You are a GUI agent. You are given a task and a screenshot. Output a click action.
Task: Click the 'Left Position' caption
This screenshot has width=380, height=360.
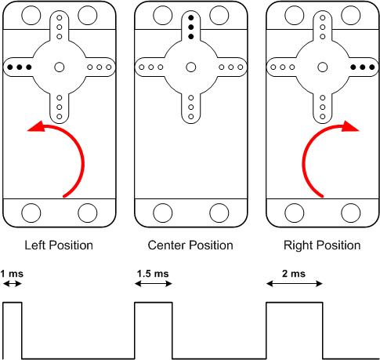[x=59, y=245]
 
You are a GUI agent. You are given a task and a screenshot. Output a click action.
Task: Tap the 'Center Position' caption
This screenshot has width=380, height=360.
[x=190, y=245]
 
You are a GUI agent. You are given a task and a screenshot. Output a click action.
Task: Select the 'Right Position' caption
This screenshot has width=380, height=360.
[x=322, y=245]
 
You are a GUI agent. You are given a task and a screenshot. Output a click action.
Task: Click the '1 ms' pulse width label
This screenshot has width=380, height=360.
[x=12, y=274]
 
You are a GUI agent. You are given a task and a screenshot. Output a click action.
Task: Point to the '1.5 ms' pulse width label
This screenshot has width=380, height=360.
[x=153, y=274]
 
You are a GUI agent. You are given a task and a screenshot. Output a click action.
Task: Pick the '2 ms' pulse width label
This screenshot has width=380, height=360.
[x=294, y=274]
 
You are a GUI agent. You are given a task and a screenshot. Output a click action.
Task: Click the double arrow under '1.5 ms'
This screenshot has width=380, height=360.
[x=154, y=284]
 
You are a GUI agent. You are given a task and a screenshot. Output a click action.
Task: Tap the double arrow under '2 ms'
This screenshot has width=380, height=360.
[x=295, y=284]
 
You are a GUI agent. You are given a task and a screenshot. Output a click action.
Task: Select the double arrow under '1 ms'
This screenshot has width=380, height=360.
[x=13, y=284]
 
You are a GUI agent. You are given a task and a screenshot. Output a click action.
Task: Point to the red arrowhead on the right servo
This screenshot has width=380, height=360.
[x=351, y=127]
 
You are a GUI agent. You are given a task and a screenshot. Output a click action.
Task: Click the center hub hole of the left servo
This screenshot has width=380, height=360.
[x=60, y=67]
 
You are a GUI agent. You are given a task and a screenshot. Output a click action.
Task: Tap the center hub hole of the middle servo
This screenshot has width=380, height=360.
[x=191, y=67]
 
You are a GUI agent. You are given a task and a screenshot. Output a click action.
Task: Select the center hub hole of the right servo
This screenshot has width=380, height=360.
[x=323, y=67]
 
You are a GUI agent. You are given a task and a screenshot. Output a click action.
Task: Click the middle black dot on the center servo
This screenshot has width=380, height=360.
[x=191, y=27]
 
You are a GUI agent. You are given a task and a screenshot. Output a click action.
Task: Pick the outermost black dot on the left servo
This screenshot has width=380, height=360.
[x=10, y=67]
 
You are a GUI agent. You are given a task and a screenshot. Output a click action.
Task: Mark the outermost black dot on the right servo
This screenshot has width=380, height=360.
[x=372, y=67]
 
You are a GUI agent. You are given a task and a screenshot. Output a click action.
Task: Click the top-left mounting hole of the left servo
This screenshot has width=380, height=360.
[x=31, y=15]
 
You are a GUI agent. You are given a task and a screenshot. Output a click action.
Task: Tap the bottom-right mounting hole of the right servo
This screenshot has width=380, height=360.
[x=351, y=213]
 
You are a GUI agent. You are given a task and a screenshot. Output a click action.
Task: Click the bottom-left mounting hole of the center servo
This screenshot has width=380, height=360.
[x=163, y=213]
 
